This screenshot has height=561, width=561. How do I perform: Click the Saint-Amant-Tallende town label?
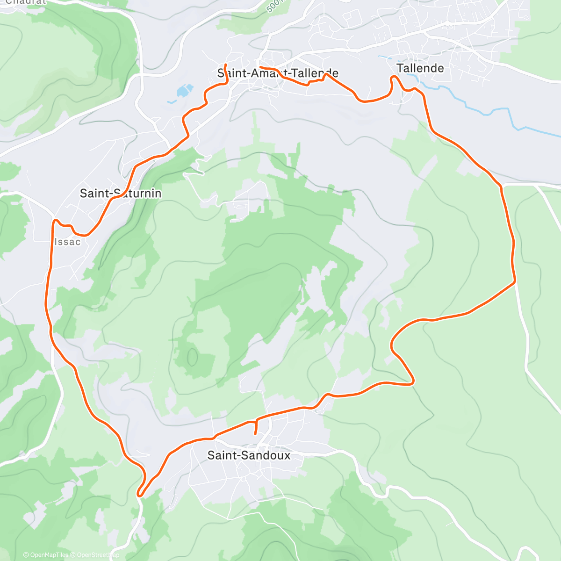(x=278, y=73)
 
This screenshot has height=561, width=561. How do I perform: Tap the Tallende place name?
(x=420, y=68)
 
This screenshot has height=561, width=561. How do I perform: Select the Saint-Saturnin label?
(x=121, y=194)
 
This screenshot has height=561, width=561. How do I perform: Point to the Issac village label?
(x=67, y=242)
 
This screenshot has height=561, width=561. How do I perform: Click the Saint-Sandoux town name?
(x=249, y=455)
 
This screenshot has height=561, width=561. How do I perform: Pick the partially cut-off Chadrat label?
(x=26, y=2)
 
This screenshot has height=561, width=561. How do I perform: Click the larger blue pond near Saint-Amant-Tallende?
(x=185, y=90)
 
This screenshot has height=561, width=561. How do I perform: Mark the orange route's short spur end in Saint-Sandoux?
(x=255, y=434)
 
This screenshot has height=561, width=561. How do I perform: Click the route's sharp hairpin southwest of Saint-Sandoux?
(x=139, y=493)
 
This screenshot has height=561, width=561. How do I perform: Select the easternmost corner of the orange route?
(x=514, y=281)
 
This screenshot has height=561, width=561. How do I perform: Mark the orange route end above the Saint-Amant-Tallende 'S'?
(x=226, y=65)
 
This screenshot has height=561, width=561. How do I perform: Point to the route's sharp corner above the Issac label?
(x=55, y=220)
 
